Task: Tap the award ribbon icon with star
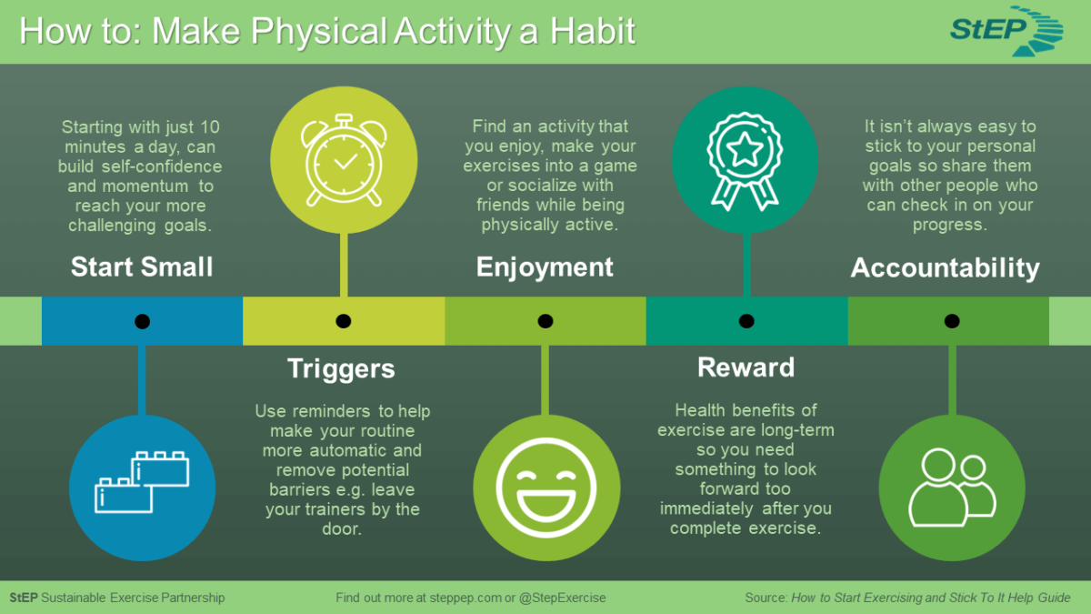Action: [746, 160]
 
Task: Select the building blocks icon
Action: [142, 483]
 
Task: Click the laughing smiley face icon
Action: [545, 483]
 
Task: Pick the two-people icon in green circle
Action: [951, 483]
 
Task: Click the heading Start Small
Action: [142, 267]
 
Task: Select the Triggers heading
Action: [341, 367]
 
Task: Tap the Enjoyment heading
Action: [545, 267]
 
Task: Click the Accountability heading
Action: [945, 267]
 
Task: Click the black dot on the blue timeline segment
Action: [142, 321]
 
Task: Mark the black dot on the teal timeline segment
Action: [746, 321]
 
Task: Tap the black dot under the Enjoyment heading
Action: [545, 321]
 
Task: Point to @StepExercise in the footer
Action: [562, 598]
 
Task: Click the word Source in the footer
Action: [765, 598]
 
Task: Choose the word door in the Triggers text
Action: [341, 529]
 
